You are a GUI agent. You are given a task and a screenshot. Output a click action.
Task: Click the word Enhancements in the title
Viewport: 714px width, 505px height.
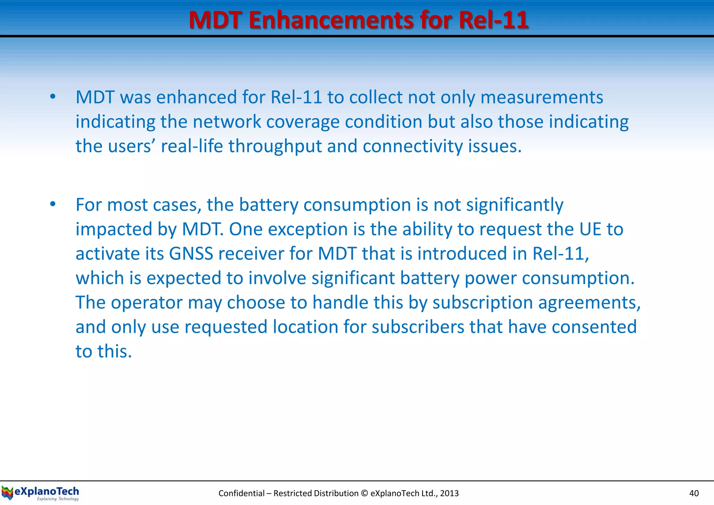[331, 20]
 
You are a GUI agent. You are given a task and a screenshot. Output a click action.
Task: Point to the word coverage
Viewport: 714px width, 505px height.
[303, 122]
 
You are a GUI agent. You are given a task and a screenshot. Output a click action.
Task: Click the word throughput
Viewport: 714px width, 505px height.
[275, 146]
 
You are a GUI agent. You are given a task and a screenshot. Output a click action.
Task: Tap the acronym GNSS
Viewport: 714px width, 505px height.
[191, 254]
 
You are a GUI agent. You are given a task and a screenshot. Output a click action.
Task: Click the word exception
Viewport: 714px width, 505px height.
[308, 229]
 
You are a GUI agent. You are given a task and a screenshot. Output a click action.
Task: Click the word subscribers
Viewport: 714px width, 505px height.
[418, 327]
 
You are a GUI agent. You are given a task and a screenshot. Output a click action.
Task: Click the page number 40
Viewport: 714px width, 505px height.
[694, 493]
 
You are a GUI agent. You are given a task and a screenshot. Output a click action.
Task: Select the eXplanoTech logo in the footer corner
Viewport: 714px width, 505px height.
[40, 493]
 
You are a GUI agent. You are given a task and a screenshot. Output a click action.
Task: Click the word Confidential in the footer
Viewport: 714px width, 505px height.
[241, 493]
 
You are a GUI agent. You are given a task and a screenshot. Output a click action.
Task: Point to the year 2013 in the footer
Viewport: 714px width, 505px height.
[449, 493]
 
